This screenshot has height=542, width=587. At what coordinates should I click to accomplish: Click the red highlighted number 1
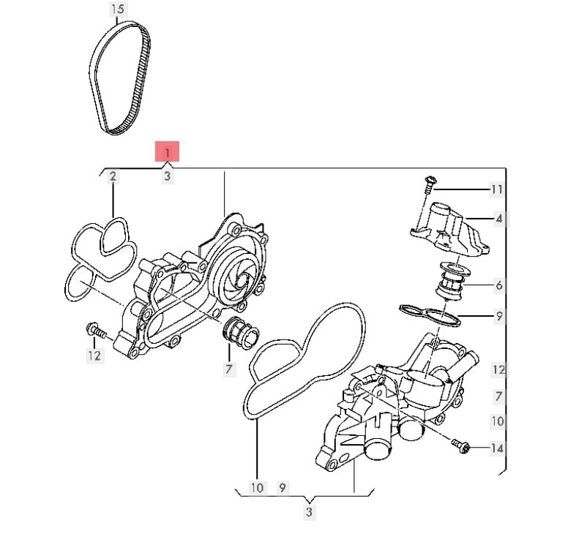(x=168, y=152)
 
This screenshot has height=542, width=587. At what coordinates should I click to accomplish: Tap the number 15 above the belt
(x=118, y=9)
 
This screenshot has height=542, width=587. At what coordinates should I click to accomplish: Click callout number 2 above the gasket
(x=113, y=176)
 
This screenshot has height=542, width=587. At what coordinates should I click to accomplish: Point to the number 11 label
(x=497, y=189)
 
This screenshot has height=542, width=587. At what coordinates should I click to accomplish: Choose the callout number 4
(x=498, y=219)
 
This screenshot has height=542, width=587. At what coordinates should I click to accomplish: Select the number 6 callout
(x=499, y=285)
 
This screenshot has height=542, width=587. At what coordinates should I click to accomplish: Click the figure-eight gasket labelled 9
(x=430, y=315)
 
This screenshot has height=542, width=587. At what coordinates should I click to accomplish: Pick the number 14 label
(x=497, y=448)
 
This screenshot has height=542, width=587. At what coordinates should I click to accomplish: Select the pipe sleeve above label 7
(x=240, y=333)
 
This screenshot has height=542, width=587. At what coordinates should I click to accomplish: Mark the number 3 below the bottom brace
(x=309, y=512)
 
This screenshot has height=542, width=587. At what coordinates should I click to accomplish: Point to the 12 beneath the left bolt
(x=94, y=355)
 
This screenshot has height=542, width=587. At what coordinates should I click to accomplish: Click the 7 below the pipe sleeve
(x=229, y=369)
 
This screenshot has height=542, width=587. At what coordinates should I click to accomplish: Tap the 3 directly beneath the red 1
(x=168, y=176)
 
